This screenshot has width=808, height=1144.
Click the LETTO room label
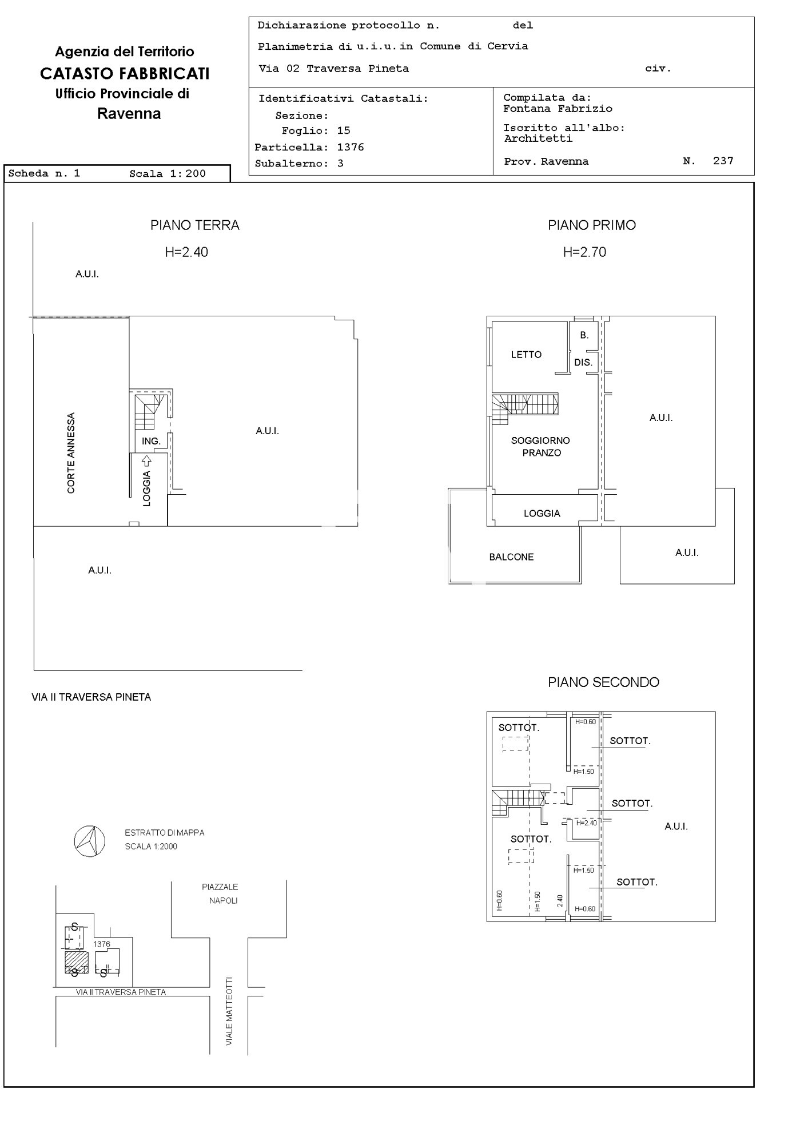point(526,355)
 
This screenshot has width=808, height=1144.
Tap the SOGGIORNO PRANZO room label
point(540,446)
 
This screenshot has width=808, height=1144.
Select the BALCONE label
point(511,557)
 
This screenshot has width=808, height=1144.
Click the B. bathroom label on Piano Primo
point(584,335)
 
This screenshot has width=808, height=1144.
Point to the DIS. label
point(583,363)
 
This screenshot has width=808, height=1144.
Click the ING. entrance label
point(151,441)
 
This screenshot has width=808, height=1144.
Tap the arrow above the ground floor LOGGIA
point(146,460)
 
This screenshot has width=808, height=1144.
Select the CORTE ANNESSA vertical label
point(71,453)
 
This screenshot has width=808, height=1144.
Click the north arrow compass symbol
point(90,841)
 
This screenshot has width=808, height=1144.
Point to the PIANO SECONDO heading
point(603,682)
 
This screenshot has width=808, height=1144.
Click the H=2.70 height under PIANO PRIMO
point(584,252)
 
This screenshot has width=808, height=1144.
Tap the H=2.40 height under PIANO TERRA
point(186,252)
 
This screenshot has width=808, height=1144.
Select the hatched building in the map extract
point(76,962)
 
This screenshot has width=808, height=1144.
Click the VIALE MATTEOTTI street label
point(229,1011)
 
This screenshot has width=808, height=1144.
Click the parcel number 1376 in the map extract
point(102,944)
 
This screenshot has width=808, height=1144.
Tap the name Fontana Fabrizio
point(558,109)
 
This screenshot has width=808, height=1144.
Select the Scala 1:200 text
point(168,174)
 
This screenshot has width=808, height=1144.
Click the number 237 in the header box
point(723,161)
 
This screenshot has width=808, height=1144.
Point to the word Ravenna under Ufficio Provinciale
point(129,114)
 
